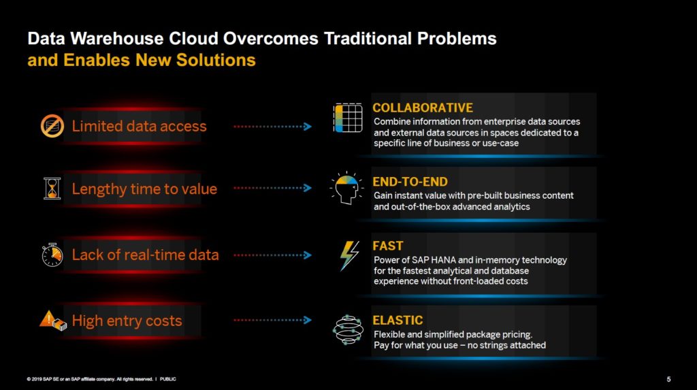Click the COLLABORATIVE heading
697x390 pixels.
422,108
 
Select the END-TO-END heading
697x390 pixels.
410,182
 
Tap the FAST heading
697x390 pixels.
387,246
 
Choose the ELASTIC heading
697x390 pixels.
398,320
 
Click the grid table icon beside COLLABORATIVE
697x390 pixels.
348,118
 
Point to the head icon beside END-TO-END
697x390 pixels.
346,188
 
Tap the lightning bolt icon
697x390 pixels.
349,256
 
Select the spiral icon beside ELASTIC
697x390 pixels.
348,329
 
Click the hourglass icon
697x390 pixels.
52,189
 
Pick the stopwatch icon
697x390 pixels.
52,255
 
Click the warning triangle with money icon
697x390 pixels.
52,321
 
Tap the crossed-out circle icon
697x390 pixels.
52,125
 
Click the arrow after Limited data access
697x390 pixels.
272,127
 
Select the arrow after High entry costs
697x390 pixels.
272,320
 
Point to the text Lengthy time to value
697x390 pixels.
144,189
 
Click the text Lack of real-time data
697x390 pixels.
145,255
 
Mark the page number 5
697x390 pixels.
668,378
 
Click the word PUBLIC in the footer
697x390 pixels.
168,378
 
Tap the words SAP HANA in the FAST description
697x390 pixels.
427,260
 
